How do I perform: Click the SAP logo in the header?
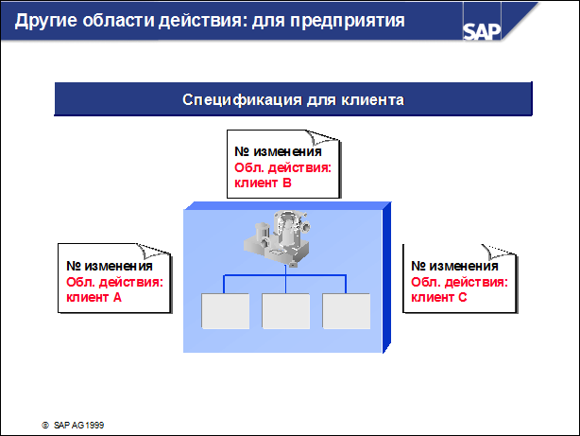482,31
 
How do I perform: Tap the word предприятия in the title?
348,21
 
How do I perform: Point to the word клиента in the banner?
372,100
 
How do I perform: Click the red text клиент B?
263,183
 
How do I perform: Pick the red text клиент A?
94,297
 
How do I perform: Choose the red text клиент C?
439,297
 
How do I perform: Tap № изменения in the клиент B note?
278,151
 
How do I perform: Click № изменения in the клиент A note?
110,266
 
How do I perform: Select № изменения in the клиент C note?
454,266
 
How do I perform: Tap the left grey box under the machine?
225,311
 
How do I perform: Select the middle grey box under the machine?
285,311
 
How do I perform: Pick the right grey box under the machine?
347,311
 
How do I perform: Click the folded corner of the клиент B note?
321,137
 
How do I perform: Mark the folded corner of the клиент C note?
498,252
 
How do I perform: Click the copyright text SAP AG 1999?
78,426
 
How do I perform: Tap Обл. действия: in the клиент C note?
459,282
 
